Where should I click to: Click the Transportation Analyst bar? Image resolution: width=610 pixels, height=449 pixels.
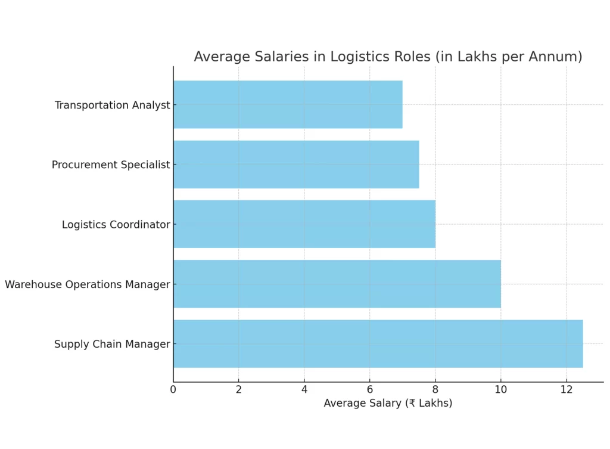coord(288,104)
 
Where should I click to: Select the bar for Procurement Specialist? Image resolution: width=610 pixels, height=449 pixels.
coord(296,165)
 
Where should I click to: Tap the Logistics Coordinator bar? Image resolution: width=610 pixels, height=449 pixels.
coord(304,224)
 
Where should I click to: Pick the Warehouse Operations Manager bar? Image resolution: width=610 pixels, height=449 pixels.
coord(337,284)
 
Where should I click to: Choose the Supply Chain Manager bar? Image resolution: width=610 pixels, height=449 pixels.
coord(378,343)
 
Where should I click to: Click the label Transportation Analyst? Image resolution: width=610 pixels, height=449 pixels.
coord(112,106)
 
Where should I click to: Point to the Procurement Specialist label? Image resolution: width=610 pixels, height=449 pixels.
coord(111,165)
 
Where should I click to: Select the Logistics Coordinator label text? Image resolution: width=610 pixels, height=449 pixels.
coord(116,225)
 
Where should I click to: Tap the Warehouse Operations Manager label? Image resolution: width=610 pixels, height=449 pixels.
coord(88,285)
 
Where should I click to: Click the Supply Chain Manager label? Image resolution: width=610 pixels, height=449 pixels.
coord(112,345)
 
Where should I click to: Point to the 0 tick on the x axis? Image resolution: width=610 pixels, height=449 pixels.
coord(173,389)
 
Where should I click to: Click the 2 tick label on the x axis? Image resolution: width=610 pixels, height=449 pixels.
coord(239,389)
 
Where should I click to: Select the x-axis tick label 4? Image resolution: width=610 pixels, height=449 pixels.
coord(304,389)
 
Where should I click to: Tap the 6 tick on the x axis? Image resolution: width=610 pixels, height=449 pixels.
coord(370,389)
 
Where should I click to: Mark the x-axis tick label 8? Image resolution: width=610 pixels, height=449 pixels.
coord(435,389)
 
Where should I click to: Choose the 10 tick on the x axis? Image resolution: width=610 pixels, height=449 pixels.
coord(500,389)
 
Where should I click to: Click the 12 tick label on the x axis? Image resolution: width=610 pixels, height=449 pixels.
coord(566,389)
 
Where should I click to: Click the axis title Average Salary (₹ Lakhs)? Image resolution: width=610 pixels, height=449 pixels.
coord(388,404)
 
